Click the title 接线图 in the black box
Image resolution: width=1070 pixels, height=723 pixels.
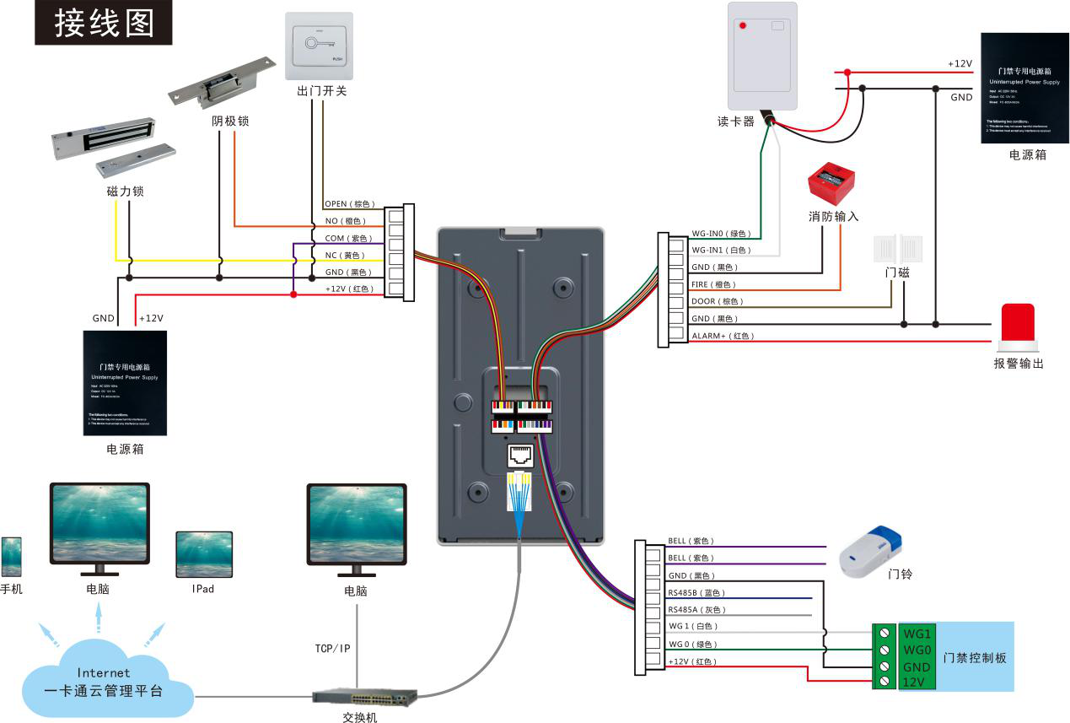click(104, 23)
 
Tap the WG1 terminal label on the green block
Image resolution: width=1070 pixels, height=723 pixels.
click(917, 633)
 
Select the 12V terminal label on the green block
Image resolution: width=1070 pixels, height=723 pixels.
click(916, 682)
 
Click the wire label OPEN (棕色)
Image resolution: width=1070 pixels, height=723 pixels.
click(349, 204)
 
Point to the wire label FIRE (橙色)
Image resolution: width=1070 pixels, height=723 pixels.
click(712, 284)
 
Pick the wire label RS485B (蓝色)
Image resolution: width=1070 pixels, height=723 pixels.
click(696, 593)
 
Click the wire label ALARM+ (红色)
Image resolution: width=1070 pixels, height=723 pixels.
click(722, 336)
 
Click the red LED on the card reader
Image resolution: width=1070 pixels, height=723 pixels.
click(743, 26)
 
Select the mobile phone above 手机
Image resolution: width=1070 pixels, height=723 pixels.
click(11, 558)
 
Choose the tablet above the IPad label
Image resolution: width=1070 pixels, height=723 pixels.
click(204, 554)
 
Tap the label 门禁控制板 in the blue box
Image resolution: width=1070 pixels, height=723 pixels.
click(975, 658)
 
